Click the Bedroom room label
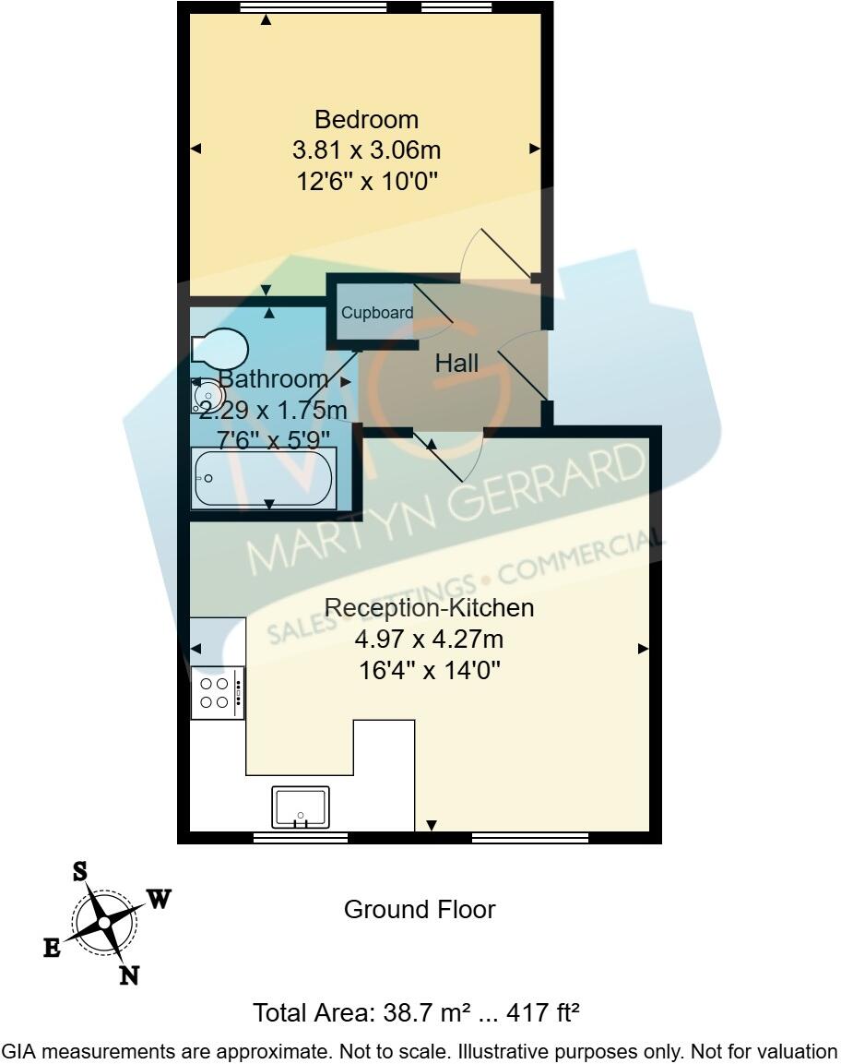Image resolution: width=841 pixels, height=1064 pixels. tap(366, 120)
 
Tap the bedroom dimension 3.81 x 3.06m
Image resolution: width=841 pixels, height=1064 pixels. tap(366, 150)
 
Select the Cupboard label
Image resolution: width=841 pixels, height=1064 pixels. tap(377, 313)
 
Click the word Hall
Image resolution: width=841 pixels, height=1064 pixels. tap(456, 364)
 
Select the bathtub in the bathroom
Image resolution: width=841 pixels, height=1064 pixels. tap(263, 478)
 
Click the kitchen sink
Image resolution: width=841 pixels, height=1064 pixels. tap(300, 807)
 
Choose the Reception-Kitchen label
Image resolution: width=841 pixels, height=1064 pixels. tap(430, 608)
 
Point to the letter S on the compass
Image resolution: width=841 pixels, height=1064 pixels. tap(80, 871)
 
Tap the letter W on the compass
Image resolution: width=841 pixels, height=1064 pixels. tap(159, 900)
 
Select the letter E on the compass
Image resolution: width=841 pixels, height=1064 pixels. tap(52, 947)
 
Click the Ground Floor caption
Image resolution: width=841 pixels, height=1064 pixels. tap(420, 910)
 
